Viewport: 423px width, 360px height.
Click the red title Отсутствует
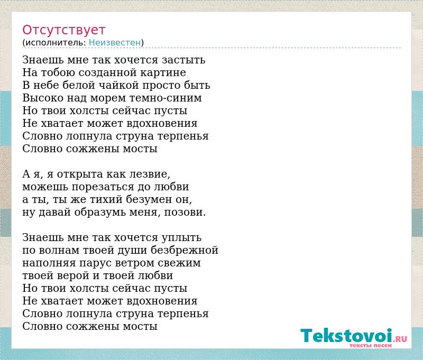[63, 30]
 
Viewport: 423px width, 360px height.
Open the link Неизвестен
[115, 42]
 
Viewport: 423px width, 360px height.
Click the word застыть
[183, 60]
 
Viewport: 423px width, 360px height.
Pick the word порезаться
[103, 187]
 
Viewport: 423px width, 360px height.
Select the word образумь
[100, 212]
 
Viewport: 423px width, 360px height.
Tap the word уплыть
[181, 237]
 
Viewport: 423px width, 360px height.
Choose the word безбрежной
[185, 250]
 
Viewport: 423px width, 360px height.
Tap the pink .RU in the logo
[401, 339]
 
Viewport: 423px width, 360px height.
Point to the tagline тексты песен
[371, 345]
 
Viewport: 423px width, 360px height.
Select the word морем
[108, 98]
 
